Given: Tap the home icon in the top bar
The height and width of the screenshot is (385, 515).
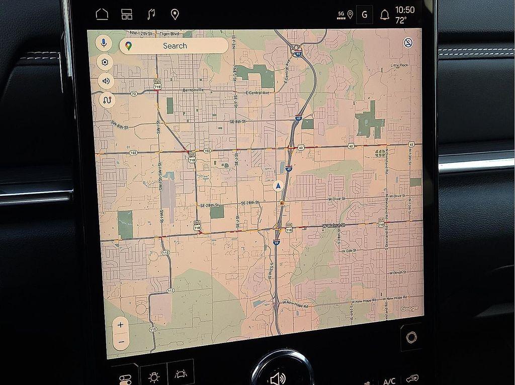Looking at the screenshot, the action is coord(102,14).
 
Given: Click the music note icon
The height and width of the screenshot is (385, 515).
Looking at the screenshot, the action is coord(151,14).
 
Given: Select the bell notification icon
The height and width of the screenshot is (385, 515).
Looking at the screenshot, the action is coord(385,15).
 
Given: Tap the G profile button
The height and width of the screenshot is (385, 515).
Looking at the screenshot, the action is coord(364,15).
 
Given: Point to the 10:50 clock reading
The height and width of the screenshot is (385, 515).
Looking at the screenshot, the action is coord(404,10).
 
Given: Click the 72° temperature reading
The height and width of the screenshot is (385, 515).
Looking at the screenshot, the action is coord(401,21).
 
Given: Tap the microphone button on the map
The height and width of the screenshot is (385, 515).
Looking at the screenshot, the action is coord(104,43).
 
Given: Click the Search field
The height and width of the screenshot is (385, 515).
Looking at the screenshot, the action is coord(174,46).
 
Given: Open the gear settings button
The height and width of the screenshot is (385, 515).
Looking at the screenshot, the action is coord(105,62).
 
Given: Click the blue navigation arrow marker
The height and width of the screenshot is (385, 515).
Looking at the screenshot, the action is coord(278,186).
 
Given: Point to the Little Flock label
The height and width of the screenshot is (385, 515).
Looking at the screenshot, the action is coord(400,65).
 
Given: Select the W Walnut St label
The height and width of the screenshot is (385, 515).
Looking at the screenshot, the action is coord(333,226).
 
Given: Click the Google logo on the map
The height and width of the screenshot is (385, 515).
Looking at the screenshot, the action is coord(409,308).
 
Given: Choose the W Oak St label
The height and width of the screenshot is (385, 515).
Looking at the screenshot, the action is coord(348,250).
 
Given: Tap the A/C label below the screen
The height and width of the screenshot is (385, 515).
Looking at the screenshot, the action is coord(389,381).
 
